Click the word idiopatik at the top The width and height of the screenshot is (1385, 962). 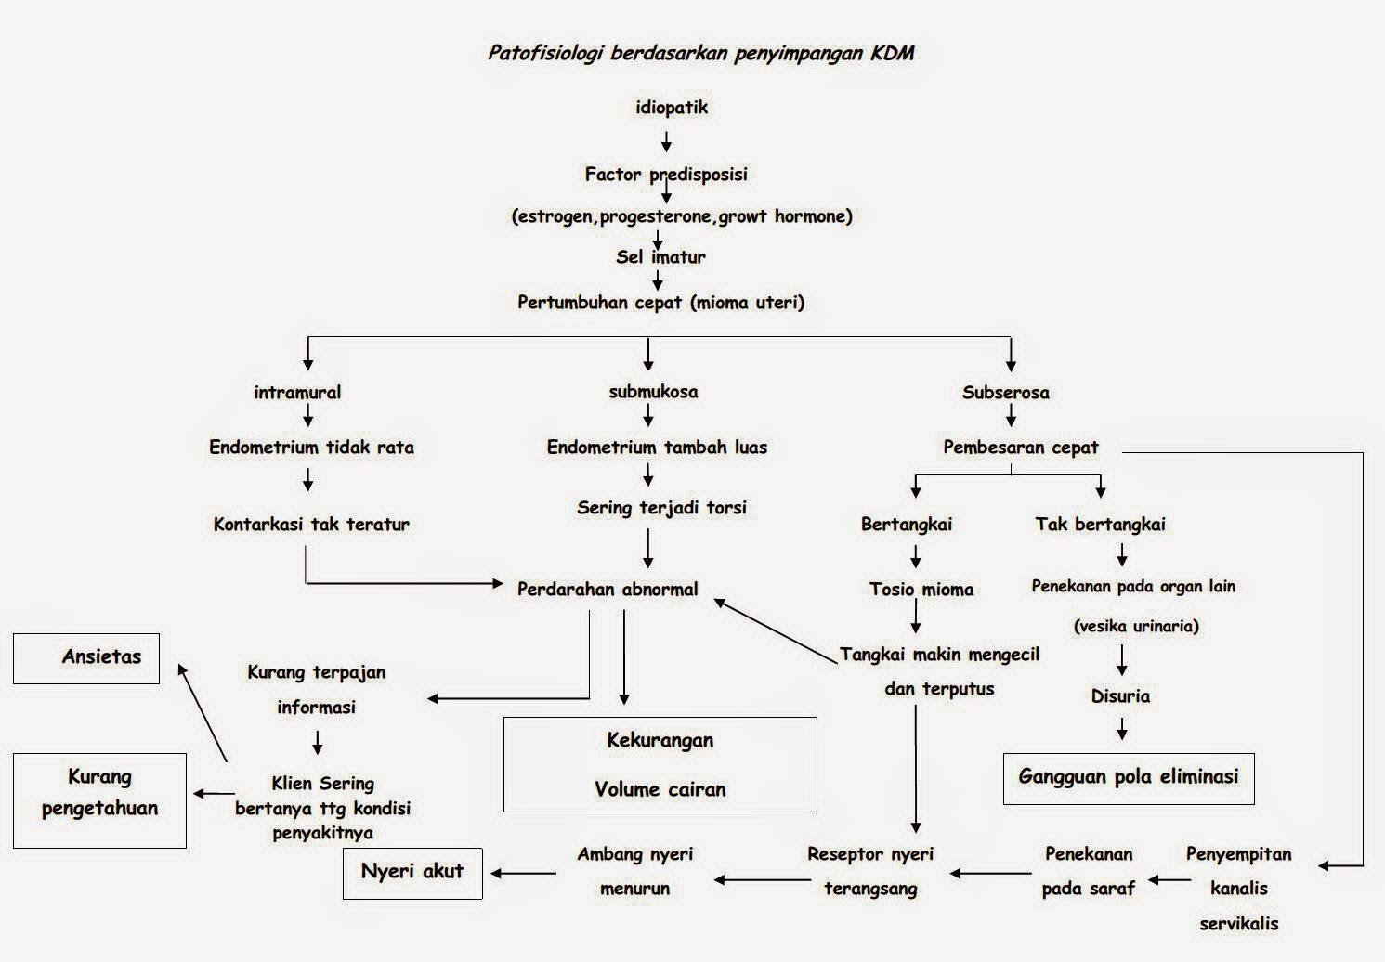(672, 108)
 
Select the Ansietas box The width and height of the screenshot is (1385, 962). (86, 658)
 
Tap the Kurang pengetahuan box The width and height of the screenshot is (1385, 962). (99, 799)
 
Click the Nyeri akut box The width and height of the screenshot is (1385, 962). (412, 872)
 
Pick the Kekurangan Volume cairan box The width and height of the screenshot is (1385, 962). (660, 764)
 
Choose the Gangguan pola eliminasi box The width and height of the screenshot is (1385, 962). (1129, 777)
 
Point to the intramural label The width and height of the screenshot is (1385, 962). (297, 393)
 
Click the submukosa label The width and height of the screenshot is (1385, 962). (653, 392)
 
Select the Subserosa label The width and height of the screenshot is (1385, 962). (1005, 393)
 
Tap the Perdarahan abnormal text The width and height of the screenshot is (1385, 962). (608, 590)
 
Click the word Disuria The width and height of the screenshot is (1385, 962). (1120, 696)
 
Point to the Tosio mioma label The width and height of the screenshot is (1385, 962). (921, 590)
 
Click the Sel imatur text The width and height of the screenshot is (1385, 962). (660, 257)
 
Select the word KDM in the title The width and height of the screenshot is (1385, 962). (892, 53)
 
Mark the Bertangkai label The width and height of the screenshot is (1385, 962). (907, 525)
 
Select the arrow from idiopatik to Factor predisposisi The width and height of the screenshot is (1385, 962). (666, 141)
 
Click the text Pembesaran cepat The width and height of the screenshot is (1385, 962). (1020, 448)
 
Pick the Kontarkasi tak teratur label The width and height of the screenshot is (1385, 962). (311, 525)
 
